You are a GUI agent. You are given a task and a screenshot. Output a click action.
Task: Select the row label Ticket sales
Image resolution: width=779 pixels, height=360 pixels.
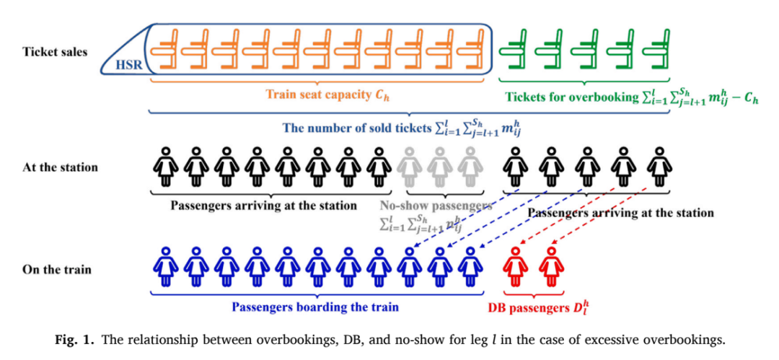[55, 52]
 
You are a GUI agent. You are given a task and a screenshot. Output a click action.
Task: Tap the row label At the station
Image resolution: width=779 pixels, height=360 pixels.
[60, 167]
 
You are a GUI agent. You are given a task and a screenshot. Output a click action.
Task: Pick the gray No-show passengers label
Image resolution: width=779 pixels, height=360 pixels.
[436, 206]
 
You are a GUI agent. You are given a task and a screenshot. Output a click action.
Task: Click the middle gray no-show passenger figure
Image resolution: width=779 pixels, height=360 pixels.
[438, 167]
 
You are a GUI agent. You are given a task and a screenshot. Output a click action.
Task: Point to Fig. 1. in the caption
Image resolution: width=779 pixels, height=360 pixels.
[69, 341]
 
